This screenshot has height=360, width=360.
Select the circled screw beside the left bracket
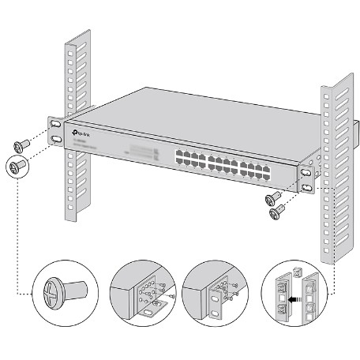(x=17, y=166)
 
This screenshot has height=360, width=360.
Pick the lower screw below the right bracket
(x=277, y=211)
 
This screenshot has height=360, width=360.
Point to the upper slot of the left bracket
(x=55, y=126)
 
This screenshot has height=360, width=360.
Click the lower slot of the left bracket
(x=58, y=140)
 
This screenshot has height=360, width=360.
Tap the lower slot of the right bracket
(x=306, y=188)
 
